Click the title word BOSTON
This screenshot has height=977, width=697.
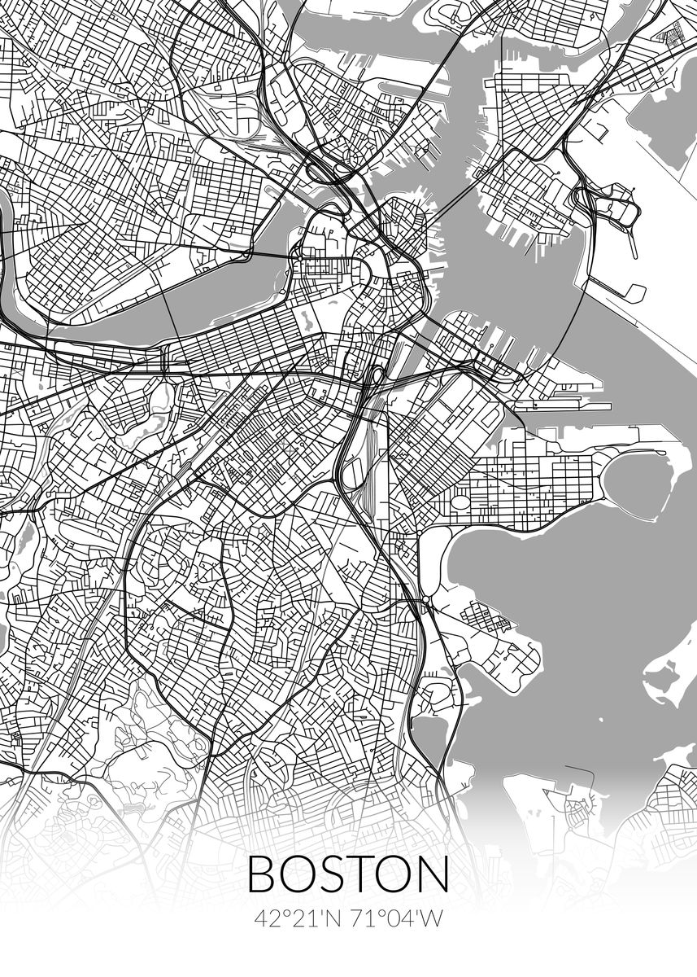pyautogui.click(x=347, y=873)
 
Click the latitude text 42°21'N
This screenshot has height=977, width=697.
pyautogui.click(x=298, y=918)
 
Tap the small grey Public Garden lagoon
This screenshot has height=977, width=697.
pyautogui.click(x=303, y=314)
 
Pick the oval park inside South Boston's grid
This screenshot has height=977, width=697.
pyautogui.click(x=460, y=498)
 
